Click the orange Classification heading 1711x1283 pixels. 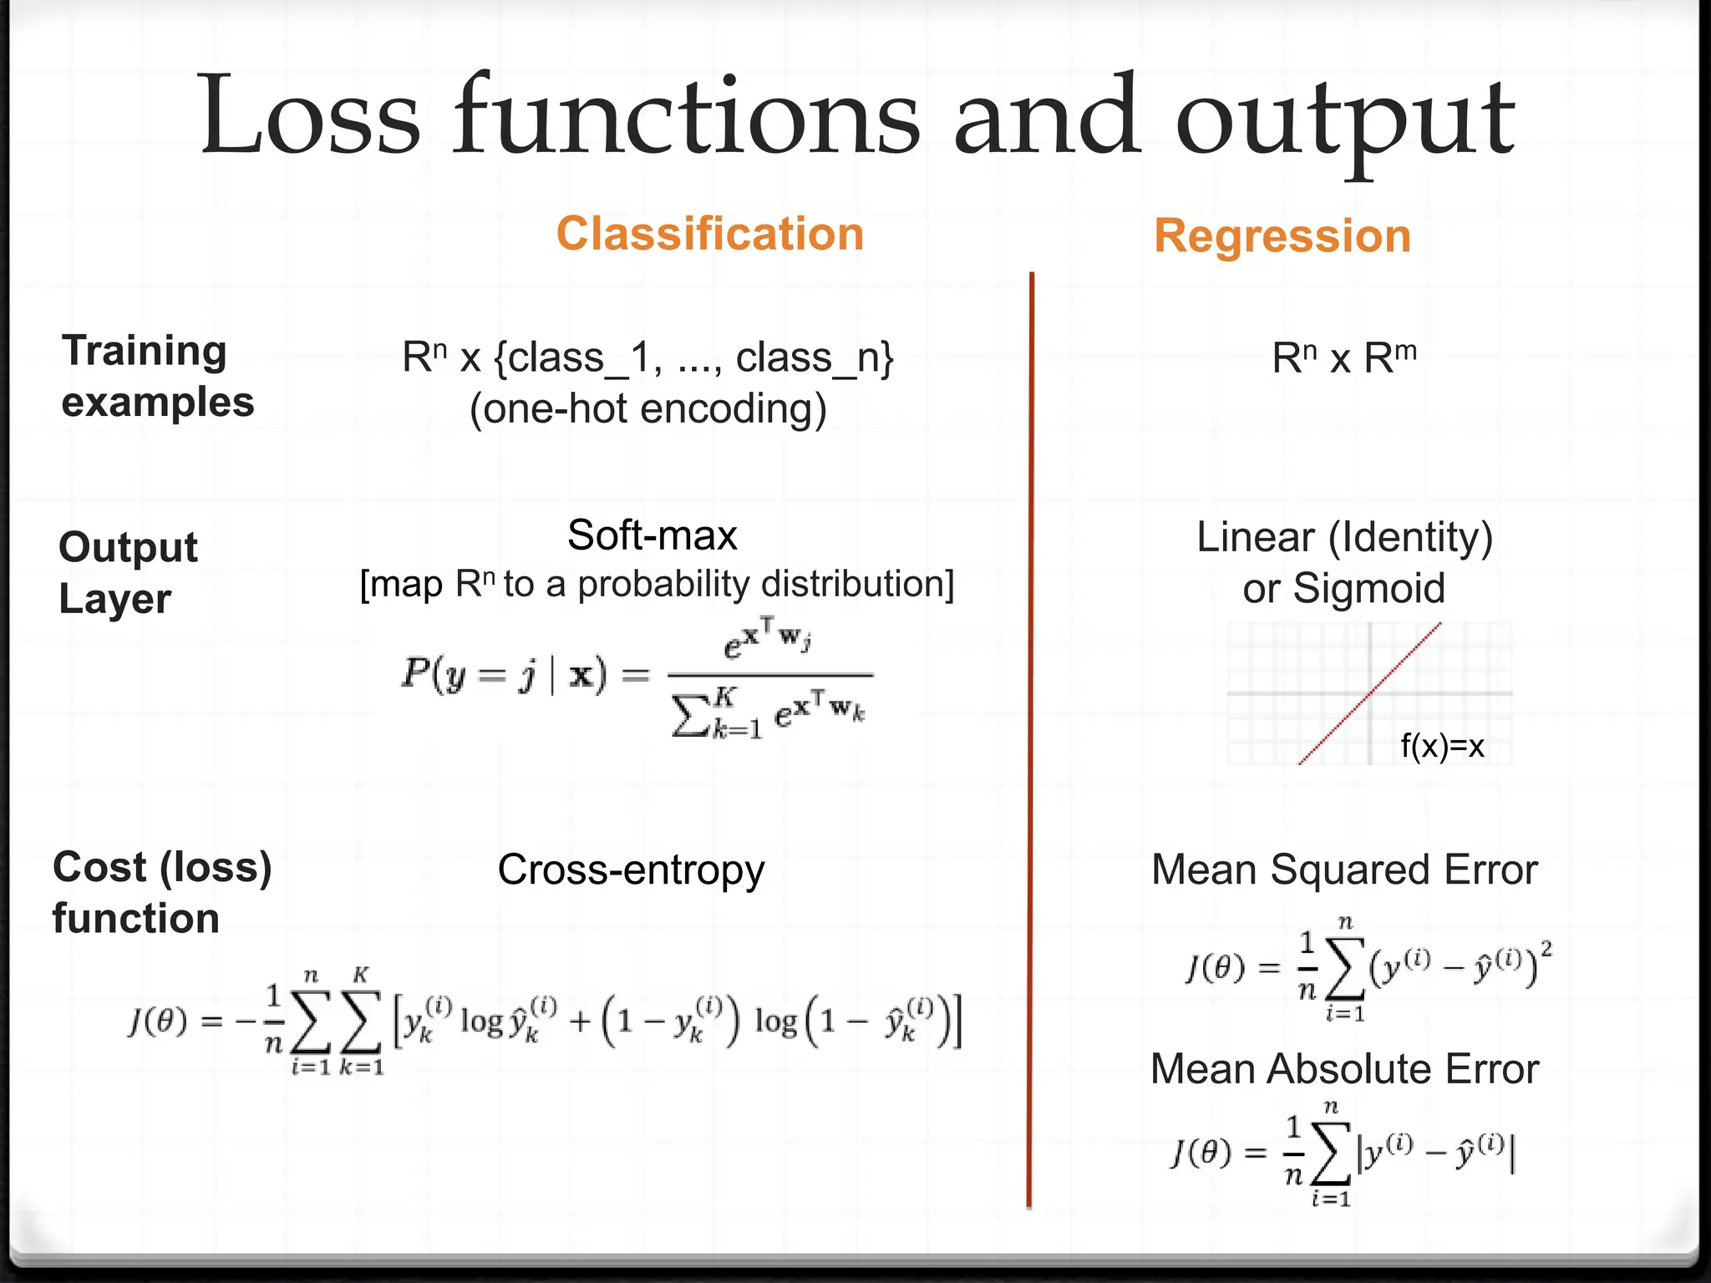[710, 234]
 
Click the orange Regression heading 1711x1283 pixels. [1282, 236]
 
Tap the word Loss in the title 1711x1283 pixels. [309, 117]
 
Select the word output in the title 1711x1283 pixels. [1345, 121]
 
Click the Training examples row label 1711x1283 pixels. [157, 376]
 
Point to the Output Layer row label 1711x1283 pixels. [127, 573]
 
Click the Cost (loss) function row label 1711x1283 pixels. [161, 892]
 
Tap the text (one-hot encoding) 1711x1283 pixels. [648, 409]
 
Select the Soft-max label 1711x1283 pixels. [652, 535]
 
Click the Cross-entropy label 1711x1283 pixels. [631, 870]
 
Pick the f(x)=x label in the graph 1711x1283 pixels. [1442, 746]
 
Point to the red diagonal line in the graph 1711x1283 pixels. [1370, 693]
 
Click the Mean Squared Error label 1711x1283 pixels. [1344, 870]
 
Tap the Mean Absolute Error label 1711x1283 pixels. [1344, 1069]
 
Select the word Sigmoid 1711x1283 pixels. [1368, 588]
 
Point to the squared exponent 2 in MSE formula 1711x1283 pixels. [1546, 949]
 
